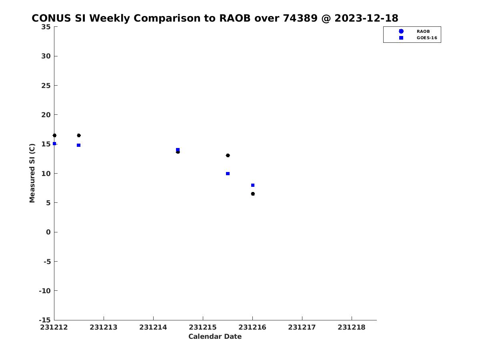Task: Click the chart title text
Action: pos(215,18)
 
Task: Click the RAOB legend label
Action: pos(423,32)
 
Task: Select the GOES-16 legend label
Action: pos(427,38)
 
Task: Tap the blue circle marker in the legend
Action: pos(401,31)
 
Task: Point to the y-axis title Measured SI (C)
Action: pos(32,173)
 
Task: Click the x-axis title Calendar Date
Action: pos(215,336)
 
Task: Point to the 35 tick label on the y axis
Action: pos(46,27)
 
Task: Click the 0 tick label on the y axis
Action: pos(48,232)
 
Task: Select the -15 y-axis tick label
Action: pos(45,320)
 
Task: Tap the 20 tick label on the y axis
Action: pos(46,115)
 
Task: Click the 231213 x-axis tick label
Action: pos(104,327)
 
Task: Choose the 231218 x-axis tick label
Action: pos(352,327)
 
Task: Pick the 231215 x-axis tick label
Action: pos(203,327)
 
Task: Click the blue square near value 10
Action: pos(228,174)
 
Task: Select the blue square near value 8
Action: pos(253,185)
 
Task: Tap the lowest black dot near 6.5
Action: pos(253,194)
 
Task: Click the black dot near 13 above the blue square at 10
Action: pos(228,156)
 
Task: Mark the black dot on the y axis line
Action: pos(54,136)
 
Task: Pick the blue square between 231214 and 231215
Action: pos(178,150)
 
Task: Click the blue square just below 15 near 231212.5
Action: pos(78,145)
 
